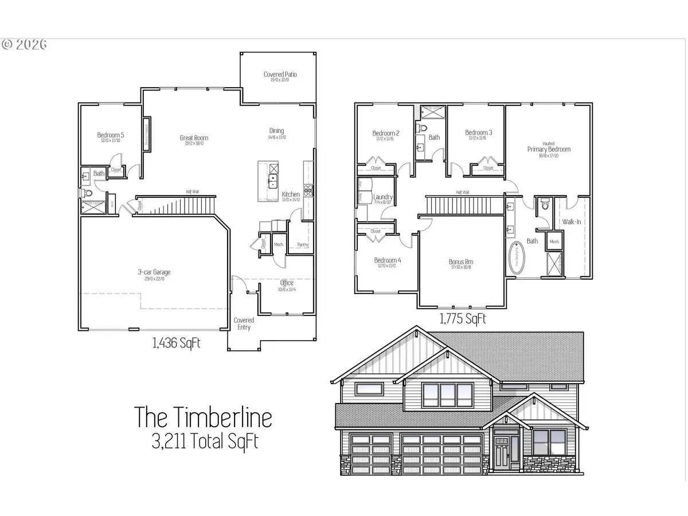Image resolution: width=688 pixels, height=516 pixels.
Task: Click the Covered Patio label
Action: click(280, 75)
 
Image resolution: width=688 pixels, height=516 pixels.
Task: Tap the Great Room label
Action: click(194, 138)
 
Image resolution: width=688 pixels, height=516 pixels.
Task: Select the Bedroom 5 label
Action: click(111, 135)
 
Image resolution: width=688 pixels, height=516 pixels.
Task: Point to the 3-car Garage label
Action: click(154, 272)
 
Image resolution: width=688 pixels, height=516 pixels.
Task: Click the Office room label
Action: click(287, 283)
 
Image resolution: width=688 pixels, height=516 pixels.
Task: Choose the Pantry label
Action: click(303, 245)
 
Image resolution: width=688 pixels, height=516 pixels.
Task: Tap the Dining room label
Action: click(276, 131)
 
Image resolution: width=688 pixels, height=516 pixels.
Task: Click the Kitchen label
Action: click(291, 194)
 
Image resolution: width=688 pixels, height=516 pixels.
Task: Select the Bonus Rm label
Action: click(461, 262)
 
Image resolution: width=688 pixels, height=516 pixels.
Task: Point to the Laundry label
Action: click(382, 197)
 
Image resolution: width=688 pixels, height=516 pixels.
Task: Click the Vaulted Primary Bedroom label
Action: click(549, 149)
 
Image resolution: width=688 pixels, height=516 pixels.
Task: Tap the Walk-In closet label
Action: click(572, 221)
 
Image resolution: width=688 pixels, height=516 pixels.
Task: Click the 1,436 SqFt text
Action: click(175, 343)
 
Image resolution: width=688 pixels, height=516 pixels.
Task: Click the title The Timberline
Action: click(203, 417)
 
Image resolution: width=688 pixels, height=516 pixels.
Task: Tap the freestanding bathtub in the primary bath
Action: click(518, 260)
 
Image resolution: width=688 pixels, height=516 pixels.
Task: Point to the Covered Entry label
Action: click(244, 323)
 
